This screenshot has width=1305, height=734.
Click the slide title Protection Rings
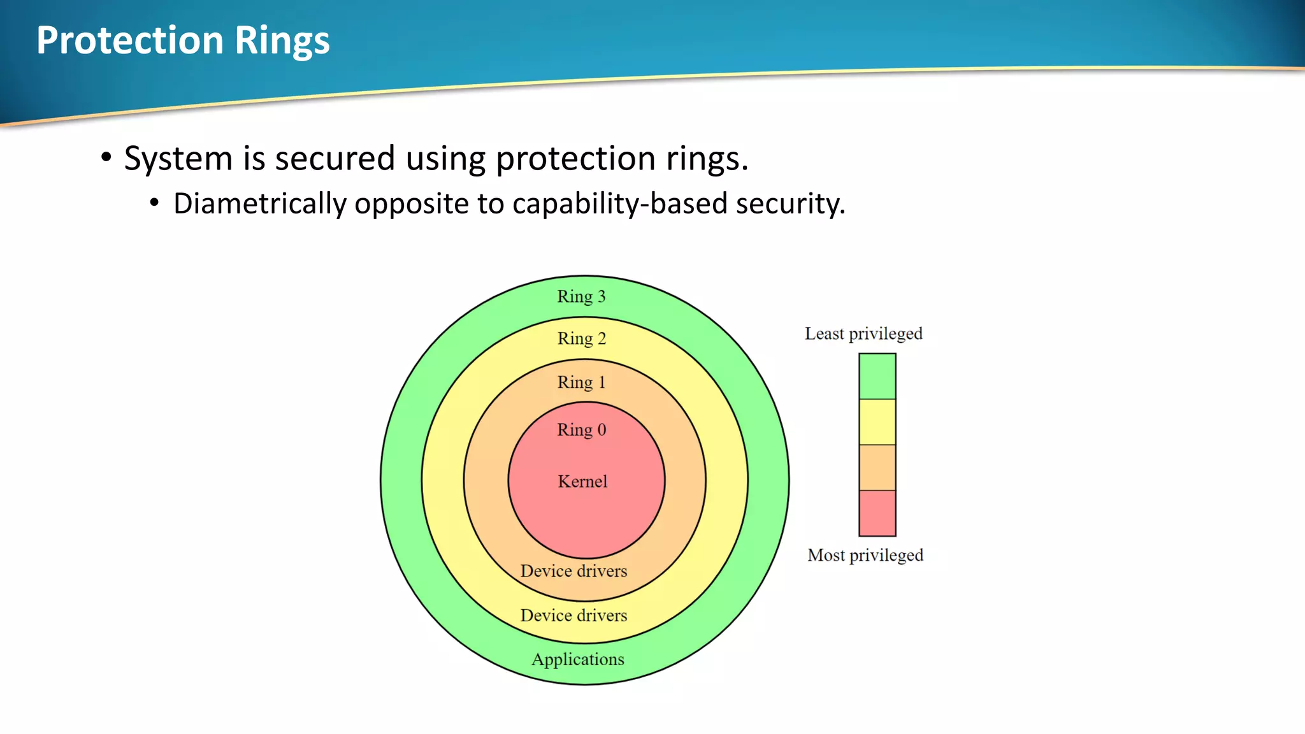(183, 41)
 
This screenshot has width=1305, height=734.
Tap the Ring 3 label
(581, 297)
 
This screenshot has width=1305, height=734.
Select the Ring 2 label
(581, 339)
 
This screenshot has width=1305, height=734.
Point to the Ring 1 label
(581, 382)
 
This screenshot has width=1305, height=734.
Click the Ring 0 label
(581, 430)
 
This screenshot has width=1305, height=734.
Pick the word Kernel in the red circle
(582, 482)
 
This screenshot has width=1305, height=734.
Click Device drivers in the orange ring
(573, 571)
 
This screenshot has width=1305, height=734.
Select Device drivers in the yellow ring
(573, 615)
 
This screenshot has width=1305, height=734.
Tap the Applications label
(578, 659)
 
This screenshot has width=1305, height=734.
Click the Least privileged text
(863, 334)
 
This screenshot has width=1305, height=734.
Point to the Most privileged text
(865, 556)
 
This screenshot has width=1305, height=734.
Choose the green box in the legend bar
(877, 377)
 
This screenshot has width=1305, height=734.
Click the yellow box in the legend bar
(877, 422)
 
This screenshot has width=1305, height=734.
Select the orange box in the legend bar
(877, 468)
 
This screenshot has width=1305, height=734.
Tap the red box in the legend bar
(877, 513)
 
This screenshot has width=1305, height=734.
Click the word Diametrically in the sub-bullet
(259, 205)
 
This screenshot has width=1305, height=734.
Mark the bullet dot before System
(106, 157)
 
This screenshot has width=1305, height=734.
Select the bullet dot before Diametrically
(154, 203)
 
